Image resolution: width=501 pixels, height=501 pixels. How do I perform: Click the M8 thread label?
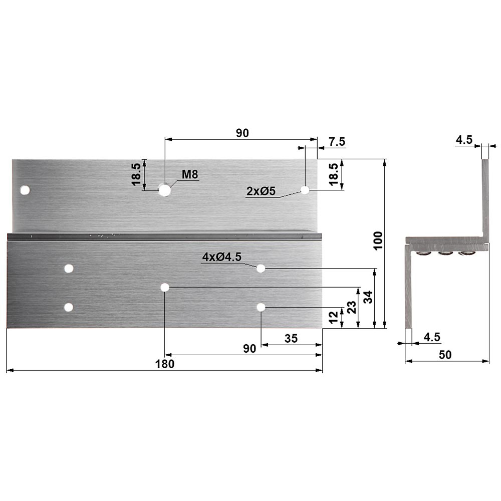(x=190, y=174)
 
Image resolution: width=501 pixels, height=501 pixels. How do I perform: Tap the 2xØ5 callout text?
(x=261, y=191)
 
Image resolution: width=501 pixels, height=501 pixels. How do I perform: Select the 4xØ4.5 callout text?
(x=222, y=257)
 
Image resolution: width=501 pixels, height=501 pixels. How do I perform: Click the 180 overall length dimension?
(x=165, y=364)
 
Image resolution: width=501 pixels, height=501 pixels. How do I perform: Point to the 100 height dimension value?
(x=378, y=241)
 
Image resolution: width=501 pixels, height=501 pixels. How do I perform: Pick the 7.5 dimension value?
(x=337, y=142)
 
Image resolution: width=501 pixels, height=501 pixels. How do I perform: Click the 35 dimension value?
(x=291, y=338)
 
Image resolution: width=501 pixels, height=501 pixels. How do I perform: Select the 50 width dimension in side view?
(x=445, y=355)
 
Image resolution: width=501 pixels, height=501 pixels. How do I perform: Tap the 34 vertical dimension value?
(x=368, y=297)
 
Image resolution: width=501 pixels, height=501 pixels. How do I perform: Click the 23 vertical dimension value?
(x=352, y=308)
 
